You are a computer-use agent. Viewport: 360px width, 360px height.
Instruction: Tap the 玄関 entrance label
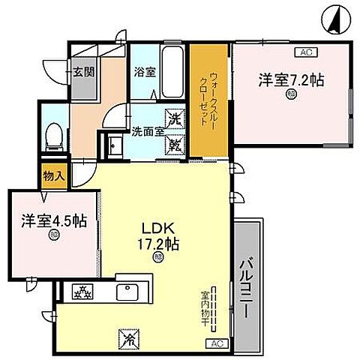[x=83, y=72]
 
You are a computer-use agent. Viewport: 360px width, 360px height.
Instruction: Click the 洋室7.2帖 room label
[x=292, y=79]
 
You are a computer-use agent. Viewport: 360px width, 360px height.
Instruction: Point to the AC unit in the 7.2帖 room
[x=305, y=52]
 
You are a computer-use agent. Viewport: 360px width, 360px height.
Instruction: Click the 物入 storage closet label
[x=53, y=176]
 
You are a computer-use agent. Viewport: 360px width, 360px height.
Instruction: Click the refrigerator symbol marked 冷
[x=125, y=340]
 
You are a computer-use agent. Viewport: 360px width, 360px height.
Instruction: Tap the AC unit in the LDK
[x=216, y=343]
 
